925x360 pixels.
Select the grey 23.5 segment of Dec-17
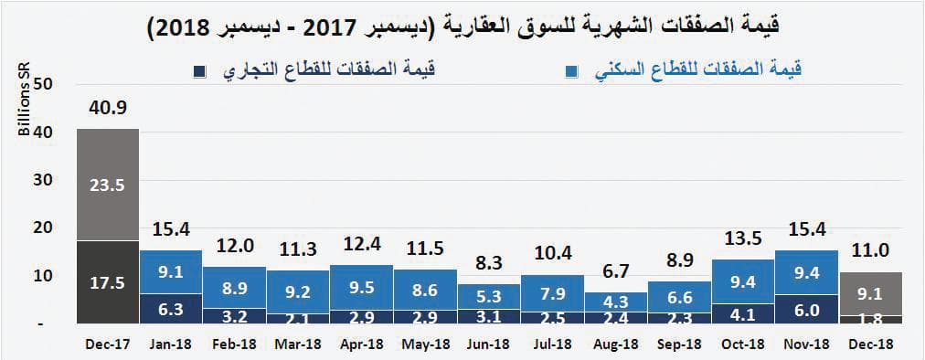108,185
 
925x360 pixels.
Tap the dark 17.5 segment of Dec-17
108,282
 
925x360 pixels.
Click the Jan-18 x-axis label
171,346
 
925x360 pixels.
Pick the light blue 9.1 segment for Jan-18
171,271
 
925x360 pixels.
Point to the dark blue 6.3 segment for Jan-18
171,309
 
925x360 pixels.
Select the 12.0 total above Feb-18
234,247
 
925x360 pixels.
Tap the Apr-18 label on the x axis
361,346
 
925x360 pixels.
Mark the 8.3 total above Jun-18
488,264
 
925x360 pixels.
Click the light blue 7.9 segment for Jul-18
552,294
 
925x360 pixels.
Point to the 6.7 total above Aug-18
615,272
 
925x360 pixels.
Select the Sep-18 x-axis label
679,346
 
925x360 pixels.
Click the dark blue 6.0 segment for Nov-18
806,310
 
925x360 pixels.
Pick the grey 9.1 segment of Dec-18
869,294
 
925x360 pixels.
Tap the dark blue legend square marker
198,70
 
